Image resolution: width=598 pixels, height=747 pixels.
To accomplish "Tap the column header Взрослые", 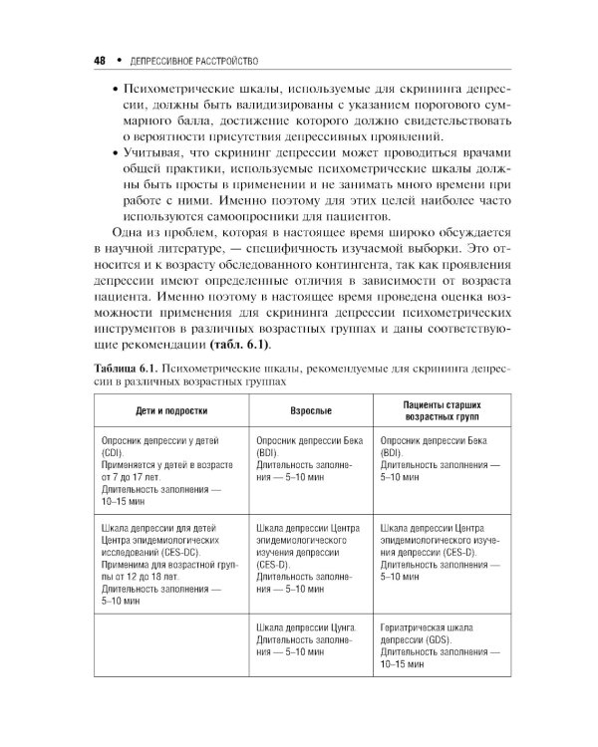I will point(310,410).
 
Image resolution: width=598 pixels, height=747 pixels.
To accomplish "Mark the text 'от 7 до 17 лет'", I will point(131,477).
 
